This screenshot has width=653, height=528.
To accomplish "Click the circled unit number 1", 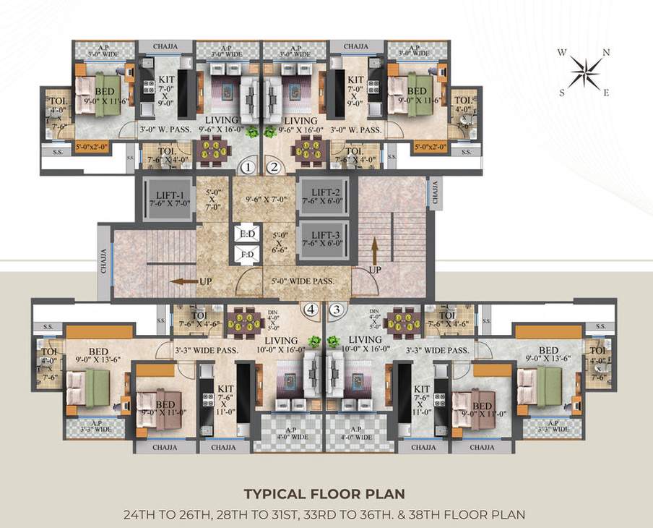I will pyautogui.click(x=248, y=168).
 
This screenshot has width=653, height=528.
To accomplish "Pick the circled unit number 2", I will pyautogui.click(x=274, y=168).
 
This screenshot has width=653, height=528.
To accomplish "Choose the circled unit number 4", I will pyautogui.click(x=311, y=310).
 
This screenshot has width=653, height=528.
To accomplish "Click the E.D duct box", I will pyautogui.click(x=246, y=234).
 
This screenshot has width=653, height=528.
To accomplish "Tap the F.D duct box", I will pyautogui.click(x=246, y=255).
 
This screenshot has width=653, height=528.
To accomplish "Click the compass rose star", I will pyautogui.click(x=586, y=72).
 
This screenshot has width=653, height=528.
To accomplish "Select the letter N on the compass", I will pyautogui.click(x=607, y=52).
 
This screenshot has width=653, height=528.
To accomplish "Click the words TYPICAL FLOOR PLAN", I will pyautogui.click(x=324, y=495).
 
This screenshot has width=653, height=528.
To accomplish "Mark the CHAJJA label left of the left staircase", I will pyautogui.click(x=103, y=261).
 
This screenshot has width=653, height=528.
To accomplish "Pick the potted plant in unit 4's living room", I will pyautogui.click(x=313, y=341).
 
